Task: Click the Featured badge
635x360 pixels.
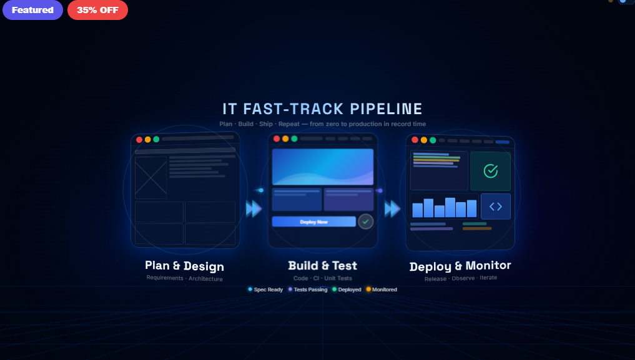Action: click(32, 10)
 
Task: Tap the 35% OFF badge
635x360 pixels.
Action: click(97, 10)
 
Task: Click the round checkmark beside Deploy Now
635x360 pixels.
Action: click(365, 221)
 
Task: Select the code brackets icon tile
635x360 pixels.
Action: click(496, 207)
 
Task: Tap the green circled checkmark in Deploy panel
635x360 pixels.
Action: click(490, 170)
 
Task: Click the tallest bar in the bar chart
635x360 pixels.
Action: click(450, 207)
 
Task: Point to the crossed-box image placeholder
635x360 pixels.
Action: click(150, 177)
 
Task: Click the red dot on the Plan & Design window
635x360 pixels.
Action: click(139, 140)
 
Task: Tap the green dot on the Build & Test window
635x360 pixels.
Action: click(294, 139)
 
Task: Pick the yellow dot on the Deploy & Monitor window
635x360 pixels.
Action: click(423, 140)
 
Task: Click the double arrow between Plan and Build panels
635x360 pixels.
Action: click(254, 209)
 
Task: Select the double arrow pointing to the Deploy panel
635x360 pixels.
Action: click(392, 209)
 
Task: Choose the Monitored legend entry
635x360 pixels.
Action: click(381, 289)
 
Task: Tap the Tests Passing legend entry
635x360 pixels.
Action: click(308, 289)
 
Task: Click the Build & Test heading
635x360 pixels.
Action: click(322, 266)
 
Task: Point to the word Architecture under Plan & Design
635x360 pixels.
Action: click(205, 279)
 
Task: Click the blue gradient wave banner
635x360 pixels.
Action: click(323, 167)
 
